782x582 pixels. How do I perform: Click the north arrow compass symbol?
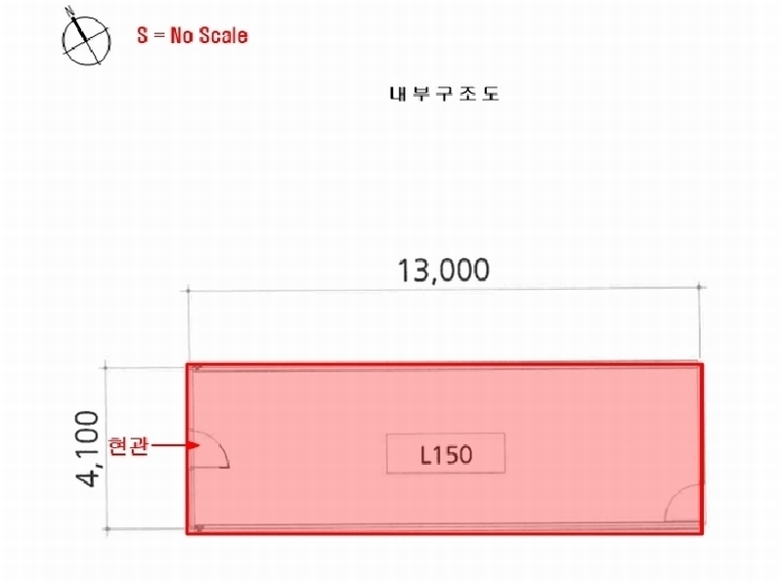[86, 39]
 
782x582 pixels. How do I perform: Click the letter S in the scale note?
[143, 35]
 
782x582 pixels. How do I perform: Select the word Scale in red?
[223, 35]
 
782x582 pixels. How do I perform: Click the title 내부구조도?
[444, 94]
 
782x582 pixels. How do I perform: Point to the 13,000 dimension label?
[444, 270]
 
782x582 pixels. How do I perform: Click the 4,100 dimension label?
[87, 448]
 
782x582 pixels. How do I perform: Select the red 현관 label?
[128, 445]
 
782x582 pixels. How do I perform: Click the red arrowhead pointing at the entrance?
[193, 445]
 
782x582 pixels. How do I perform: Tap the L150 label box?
[446, 453]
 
